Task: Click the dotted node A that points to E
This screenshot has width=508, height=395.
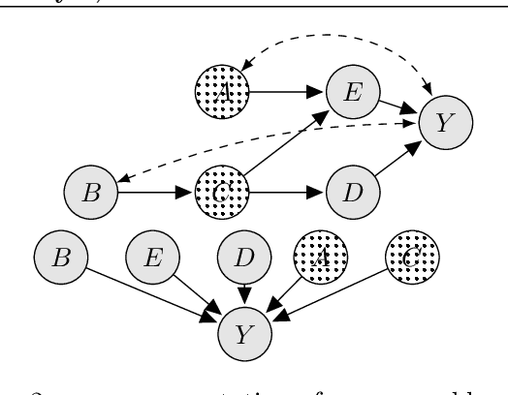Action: pos(221,92)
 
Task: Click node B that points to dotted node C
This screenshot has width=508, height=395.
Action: pos(90,192)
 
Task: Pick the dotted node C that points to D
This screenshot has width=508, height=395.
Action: pos(221,192)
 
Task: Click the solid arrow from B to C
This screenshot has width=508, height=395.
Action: pos(155,192)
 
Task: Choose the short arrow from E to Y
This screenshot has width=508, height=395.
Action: pos(397,106)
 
